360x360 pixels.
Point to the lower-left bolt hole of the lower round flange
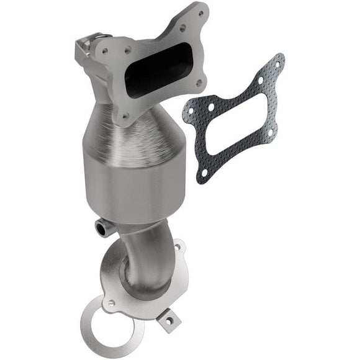[112, 304]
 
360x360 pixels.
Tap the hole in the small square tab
[167, 322]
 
